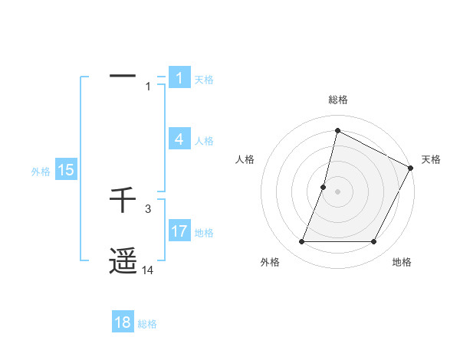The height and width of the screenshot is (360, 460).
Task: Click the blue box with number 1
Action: [x=179, y=78]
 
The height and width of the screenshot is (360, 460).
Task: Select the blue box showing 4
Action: [x=179, y=139]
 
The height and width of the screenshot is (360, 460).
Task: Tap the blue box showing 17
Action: [x=179, y=231]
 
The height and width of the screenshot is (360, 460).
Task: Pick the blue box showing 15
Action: [x=66, y=171]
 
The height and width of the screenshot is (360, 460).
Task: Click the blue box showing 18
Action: [x=123, y=322]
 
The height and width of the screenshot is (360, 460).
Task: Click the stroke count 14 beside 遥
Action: [x=148, y=270]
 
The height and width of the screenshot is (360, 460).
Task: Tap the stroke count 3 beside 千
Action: [x=148, y=208]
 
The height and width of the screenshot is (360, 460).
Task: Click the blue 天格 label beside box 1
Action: [x=204, y=80]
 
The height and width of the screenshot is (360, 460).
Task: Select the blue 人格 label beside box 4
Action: [x=204, y=141]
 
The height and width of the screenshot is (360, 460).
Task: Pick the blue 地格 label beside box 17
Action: [x=204, y=233]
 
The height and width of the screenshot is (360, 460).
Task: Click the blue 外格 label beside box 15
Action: [x=41, y=172]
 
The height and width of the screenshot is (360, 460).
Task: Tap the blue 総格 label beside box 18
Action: [x=147, y=324]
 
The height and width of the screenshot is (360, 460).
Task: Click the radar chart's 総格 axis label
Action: [x=337, y=100]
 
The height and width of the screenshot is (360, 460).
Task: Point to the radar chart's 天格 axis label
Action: [x=431, y=159]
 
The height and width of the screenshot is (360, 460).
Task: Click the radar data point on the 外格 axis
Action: [x=302, y=242]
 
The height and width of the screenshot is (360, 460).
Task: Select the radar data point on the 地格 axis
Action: [x=374, y=242]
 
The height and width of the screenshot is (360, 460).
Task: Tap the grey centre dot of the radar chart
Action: [x=337, y=191]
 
